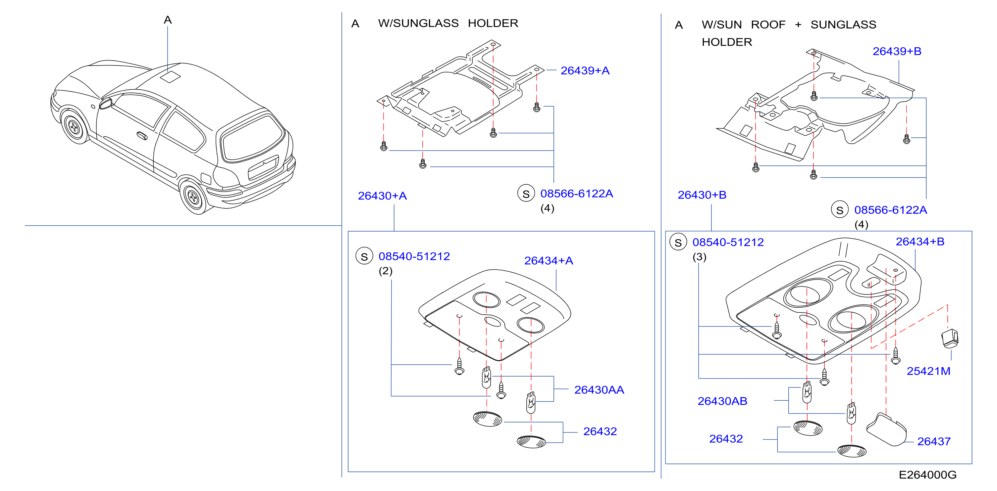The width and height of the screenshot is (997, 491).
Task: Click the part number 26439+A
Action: (585, 71)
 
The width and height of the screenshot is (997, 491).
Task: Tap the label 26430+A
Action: (382, 196)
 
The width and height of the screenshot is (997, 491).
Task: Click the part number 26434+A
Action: (549, 261)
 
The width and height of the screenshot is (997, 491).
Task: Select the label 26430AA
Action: (599, 390)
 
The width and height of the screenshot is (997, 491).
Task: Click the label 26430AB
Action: (722, 401)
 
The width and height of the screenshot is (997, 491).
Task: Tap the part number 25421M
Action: (928, 371)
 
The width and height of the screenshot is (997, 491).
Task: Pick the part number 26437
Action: (934, 441)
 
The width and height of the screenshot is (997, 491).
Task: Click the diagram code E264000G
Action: (927, 475)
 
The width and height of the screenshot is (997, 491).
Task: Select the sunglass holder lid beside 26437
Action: (886, 429)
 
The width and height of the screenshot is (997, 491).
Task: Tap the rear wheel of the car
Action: (193, 198)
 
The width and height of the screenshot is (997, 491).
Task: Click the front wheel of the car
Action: (74, 127)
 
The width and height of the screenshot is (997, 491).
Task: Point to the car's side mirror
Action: (106, 104)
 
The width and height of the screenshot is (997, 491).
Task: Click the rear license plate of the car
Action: (263, 167)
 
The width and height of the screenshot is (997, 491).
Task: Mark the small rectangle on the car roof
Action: (170, 76)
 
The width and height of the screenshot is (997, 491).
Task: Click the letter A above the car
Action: (168, 20)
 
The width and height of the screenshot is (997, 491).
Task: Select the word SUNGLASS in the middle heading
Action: (418, 23)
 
